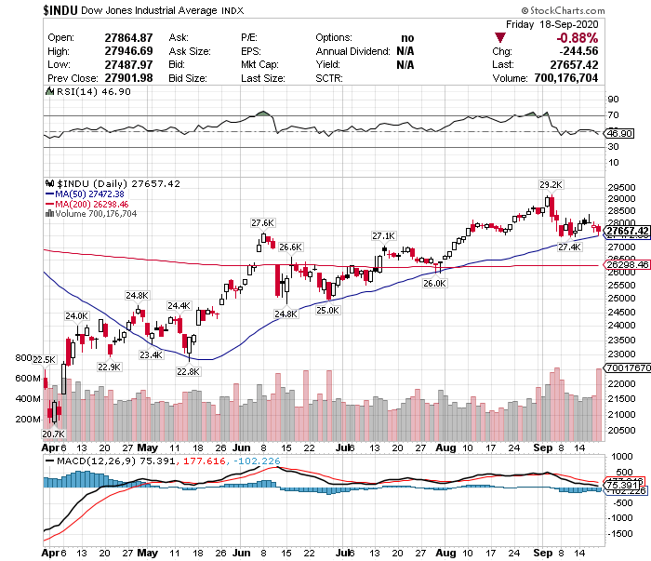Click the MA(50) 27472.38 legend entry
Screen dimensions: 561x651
91,194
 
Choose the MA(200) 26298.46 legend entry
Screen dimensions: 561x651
93,204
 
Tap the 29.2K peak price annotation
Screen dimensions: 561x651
551,184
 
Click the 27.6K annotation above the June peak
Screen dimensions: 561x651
262,223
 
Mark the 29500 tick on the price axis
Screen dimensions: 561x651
619,185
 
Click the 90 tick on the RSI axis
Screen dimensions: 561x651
613,98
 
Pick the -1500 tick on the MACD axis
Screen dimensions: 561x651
618,534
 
